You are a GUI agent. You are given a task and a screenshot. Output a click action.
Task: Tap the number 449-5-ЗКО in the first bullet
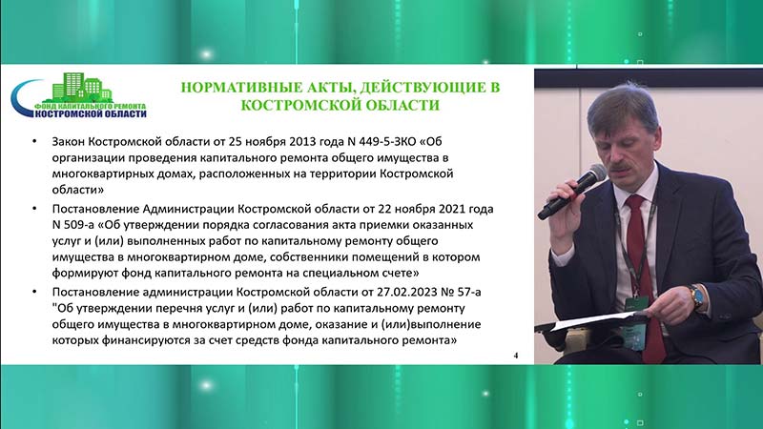point(388,141)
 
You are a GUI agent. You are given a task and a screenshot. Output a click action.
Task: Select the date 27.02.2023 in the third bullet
point(406,292)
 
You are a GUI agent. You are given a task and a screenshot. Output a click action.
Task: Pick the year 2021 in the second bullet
point(452,209)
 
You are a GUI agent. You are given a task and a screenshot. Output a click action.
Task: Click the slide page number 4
point(516,356)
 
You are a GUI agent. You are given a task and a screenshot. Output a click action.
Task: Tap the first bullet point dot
point(34,141)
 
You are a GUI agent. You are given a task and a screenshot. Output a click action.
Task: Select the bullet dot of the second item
point(34,209)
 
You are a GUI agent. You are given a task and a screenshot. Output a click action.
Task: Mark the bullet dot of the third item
point(34,292)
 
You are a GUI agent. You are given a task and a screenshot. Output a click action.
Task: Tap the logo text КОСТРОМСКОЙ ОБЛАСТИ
point(91,113)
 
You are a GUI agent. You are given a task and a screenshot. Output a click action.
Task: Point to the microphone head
point(594,174)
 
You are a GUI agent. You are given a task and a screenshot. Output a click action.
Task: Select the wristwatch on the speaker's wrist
point(696,296)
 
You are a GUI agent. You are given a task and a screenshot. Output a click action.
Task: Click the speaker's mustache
point(622,165)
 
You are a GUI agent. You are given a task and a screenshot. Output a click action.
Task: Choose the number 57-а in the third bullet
point(468,292)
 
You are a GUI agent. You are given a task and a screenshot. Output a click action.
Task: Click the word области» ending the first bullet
point(78,190)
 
